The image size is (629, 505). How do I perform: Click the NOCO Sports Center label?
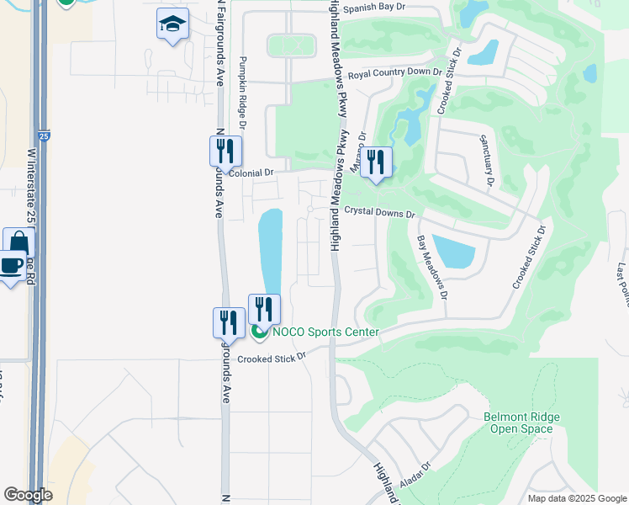pos(325,332)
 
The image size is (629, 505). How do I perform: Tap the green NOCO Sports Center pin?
pos(259,332)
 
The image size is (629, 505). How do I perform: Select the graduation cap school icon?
pos(172,24)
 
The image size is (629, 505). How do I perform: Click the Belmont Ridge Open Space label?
pos(521,423)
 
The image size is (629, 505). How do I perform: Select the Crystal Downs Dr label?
pos(380,215)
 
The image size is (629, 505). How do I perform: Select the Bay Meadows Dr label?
pos(431,268)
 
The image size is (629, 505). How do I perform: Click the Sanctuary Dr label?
pos(486,160)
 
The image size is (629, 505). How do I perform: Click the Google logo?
pos(28,495)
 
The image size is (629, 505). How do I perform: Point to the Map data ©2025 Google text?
pos(576,498)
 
